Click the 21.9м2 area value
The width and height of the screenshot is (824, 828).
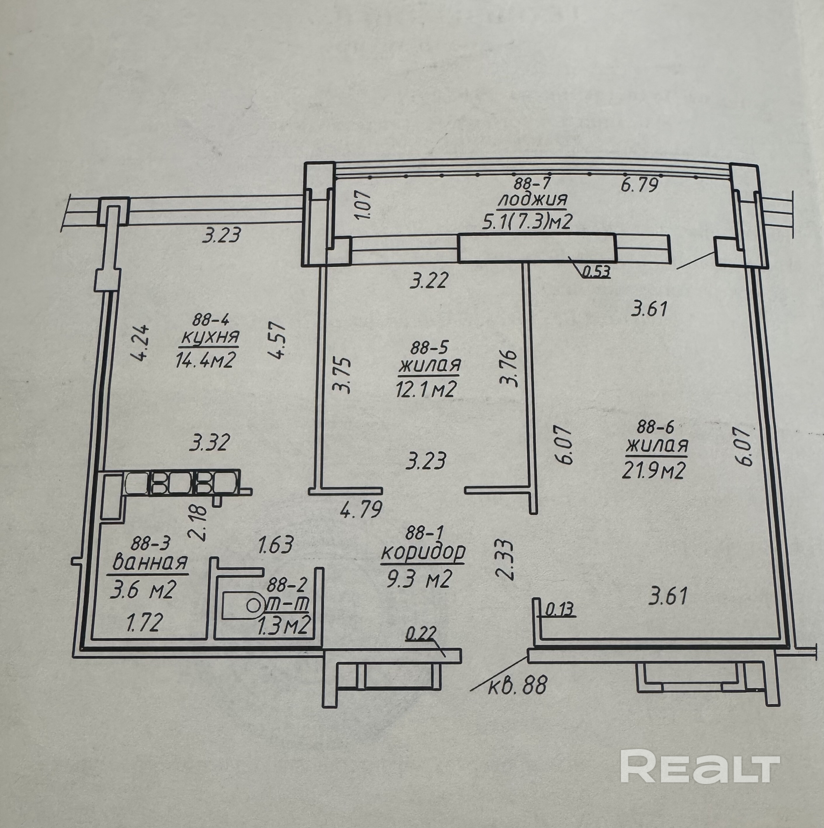click(x=654, y=471)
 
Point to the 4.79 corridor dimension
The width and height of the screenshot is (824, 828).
click(x=361, y=510)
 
